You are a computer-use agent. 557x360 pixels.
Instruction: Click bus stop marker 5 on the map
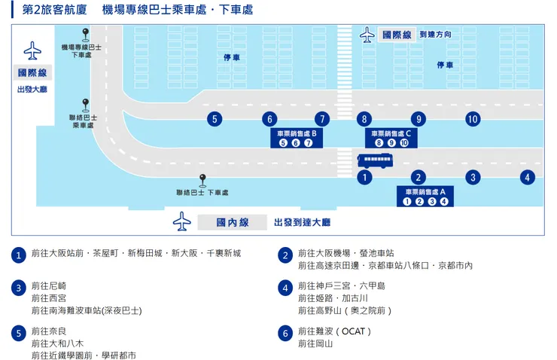215,119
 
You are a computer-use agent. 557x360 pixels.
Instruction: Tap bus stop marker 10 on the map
473,119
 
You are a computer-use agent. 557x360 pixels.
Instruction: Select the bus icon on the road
374,160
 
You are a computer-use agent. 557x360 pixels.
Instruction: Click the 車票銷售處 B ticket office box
296,138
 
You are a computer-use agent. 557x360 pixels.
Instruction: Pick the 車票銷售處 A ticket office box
425,196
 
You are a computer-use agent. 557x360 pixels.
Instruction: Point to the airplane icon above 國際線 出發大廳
32,50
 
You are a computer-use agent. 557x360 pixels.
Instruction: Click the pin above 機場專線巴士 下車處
86,33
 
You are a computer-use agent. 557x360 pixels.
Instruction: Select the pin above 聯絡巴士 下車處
202,179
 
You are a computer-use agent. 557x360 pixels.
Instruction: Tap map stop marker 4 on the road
527,178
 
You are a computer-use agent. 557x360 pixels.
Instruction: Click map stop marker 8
364,119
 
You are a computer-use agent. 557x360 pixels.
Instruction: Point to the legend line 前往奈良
49,331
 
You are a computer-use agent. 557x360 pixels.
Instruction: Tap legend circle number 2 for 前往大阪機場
285,255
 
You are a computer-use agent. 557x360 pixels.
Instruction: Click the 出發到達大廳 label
302,223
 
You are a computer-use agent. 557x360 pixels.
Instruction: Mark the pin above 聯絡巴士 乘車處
86,104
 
